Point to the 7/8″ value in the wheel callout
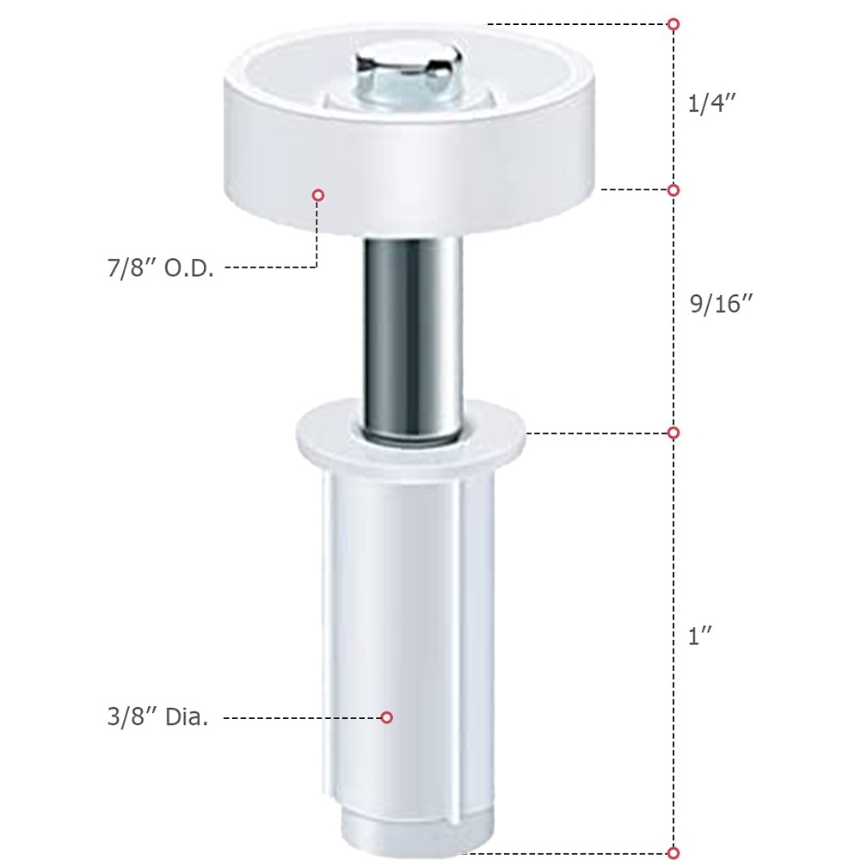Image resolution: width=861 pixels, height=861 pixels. tap(129, 268)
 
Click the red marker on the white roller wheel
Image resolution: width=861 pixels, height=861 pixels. tap(318, 195)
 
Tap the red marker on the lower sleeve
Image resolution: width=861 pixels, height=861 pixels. tap(387, 717)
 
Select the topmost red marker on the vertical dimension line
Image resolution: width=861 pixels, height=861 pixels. tap(674, 24)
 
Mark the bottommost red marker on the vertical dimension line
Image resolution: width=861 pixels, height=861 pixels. tap(674, 853)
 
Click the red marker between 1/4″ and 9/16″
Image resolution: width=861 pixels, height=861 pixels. tap(674, 190)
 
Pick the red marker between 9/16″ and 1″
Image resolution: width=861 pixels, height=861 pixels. tap(674, 433)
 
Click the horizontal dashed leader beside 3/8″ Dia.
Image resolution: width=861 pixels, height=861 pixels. tap(301, 717)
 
